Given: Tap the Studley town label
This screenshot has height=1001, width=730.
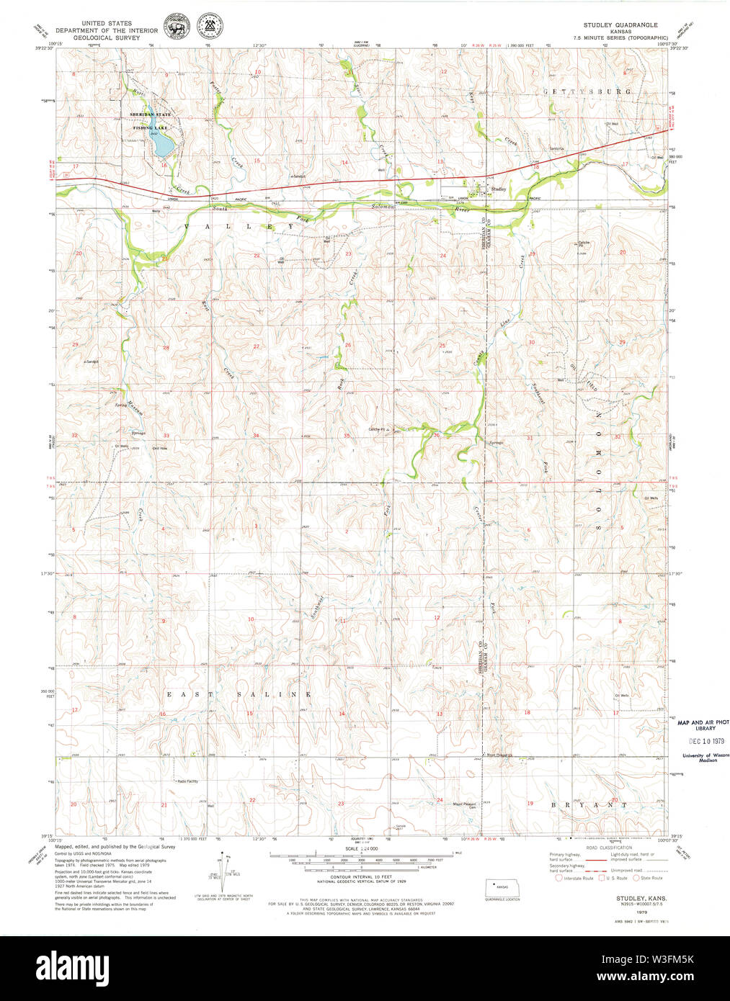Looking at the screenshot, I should (498, 189).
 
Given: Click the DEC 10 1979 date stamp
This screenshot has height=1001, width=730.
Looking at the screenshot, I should (705, 741).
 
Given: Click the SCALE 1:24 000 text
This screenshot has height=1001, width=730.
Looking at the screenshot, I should (362, 849).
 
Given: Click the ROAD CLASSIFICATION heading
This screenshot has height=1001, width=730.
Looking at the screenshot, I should (613, 848).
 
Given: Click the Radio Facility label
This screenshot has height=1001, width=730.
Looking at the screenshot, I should (187, 781).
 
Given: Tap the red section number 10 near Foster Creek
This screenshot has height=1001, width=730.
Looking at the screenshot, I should (257, 72).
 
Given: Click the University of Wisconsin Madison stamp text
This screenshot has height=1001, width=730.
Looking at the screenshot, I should (705, 758).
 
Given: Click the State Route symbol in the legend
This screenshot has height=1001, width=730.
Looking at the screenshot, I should (636, 878).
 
